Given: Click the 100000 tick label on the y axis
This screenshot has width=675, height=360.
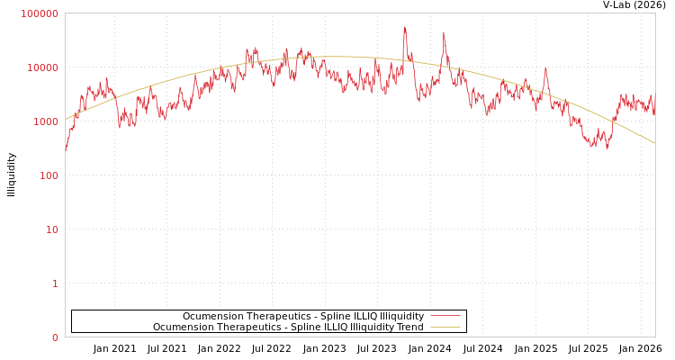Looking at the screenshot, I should pyautogui.click(x=40, y=13).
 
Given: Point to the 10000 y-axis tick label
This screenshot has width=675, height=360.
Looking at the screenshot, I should pyautogui.click(x=42, y=67).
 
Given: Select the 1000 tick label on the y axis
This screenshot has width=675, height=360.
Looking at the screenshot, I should pyautogui.click(x=45, y=121).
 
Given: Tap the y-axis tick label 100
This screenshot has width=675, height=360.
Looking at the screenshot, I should pyautogui.click(x=48, y=175).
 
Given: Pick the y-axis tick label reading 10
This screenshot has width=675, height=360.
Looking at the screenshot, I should pyautogui.click(x=51, y=229).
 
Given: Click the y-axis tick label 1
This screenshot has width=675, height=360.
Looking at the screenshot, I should pyautogui.click(x=54, y=283).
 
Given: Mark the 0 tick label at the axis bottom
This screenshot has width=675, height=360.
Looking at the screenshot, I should pyautogui.click(x=54, y=337).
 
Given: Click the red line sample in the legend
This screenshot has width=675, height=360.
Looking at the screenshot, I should pyautogui.click(x=445, y=316).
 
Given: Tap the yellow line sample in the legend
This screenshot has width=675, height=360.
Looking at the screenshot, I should pyautogui.click(x=445, y=327).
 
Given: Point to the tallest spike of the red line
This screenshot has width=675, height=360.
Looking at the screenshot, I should pyautogui.click(x=405, y=28).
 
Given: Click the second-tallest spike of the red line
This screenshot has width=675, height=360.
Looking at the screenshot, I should pyautogui.click(x=444, y=33).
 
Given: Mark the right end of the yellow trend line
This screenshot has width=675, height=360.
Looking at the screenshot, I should pyautogui.click(x=654, y=143).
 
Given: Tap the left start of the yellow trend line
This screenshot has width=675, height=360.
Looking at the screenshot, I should pyautogui.click(x=66, y=119).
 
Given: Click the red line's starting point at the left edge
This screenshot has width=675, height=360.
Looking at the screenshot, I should pyautogui.click(x=66, y=148).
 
